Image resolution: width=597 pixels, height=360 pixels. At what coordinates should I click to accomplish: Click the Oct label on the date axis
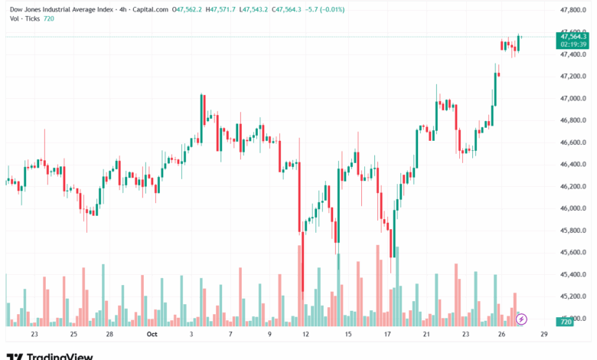(x=152, y=335)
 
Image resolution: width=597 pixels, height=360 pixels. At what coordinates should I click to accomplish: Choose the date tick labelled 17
(x=388, y=335)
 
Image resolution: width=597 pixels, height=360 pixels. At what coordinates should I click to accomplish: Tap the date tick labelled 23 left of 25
(x=34, y=335)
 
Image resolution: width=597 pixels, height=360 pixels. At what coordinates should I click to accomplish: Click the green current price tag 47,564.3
(x=574, y=36)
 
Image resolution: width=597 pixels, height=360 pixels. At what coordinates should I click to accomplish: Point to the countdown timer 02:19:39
(x=573, y=44)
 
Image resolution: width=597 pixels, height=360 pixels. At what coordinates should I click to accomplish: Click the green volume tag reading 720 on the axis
(x=566, y=322)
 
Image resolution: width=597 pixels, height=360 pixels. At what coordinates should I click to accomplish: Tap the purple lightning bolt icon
(x=522, y=319)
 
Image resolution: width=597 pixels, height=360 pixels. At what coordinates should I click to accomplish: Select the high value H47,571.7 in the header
(x=217, y=10)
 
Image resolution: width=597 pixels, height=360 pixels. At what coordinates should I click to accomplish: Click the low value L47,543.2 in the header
(x=258, y=10)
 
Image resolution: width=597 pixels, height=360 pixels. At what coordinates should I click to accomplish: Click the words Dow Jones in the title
(x=27, y=10)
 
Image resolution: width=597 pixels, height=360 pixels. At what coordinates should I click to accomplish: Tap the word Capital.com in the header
(x=148, y=10)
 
